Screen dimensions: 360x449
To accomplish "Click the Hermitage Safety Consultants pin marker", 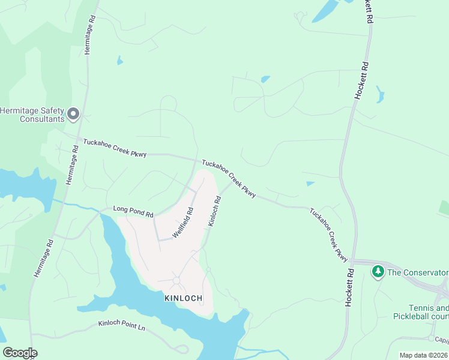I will coord(73,113).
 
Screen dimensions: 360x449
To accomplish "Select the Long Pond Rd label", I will coord(133,211).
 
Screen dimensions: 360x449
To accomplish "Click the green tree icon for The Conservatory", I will coord(378,272).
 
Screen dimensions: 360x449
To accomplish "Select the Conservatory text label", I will coord(418,272).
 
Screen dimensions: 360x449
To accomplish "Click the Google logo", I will coord(20,352).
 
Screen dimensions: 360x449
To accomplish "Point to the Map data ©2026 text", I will coord(424,355).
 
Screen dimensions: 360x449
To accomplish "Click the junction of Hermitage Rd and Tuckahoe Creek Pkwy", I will coord(79,139).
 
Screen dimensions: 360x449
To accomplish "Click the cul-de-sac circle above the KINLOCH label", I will coord(176,281).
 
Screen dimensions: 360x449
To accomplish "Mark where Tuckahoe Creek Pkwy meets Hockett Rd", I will coord(354,262).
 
